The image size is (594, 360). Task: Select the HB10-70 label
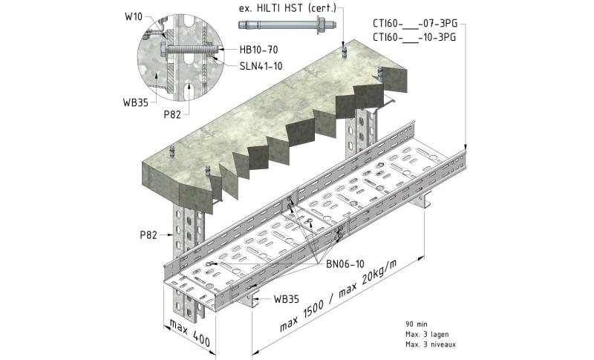click(x=257, y=50)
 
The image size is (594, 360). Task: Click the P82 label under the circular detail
click(x=173, y=115)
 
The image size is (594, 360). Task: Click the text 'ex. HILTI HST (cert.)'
click(x=285, y=8)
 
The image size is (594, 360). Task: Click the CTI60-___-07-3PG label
click(x=414, y=22)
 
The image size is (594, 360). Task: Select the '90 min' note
click(x=417, y=324)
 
